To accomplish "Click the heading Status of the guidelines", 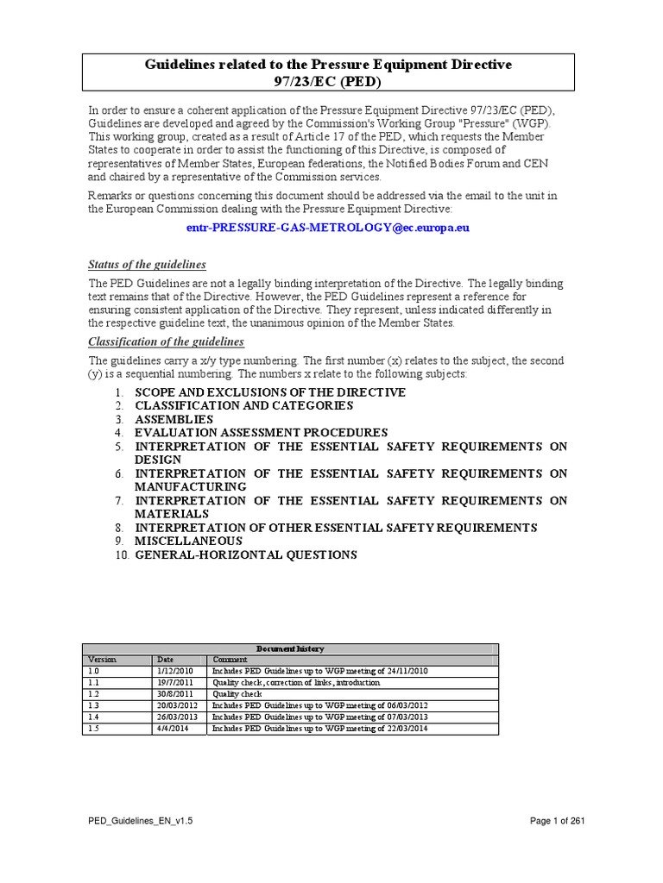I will pyautogui.click(x=148, y=264).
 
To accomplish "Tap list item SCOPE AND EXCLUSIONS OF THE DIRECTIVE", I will pyautogui.click(x=269, y=392).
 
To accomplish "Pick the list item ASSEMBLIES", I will pyautogui.click(x=174, y=419).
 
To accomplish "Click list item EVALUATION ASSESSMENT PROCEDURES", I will pyautogui.click(x=261, y=432).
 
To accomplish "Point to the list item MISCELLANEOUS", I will pyautogui.click(x=188, y=541).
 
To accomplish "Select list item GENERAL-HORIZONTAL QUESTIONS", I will pyautogui.click(x=245, y=554).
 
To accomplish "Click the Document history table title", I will pyautogui.click(x=290, y=648).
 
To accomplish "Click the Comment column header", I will pyautogui.click(x=230, y=659).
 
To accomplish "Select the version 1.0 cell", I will pyautogui.click(x=94, y=671).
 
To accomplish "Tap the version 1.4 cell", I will pyautogui.click(x=94, y=717).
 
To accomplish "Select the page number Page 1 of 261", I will pyautogui.click(x=557, y=822).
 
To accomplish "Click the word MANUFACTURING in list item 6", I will pyautogui.click(x=190, y=486).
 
